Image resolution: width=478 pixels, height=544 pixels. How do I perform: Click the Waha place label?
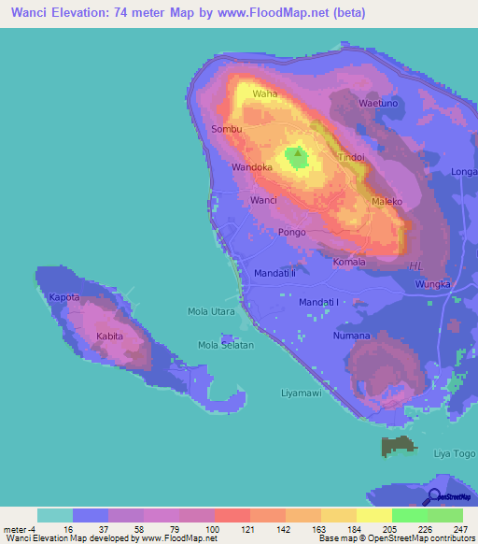coord(266,94)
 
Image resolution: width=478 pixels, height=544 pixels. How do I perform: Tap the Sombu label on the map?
coord(227,129)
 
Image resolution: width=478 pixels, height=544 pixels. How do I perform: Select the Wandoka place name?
coord(252,167)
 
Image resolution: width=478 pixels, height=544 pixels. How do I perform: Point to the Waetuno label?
coord(380,103)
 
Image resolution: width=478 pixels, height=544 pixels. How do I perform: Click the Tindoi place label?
coord(351,158)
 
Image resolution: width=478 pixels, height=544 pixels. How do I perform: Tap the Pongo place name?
coord(292,232)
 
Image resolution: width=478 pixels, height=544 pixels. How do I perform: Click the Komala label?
coord(350,263)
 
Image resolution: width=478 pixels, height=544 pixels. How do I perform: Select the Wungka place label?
coord(433,283)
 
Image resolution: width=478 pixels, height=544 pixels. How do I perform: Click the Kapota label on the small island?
coord(64,297)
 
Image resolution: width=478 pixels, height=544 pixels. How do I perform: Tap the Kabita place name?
coord(111,334)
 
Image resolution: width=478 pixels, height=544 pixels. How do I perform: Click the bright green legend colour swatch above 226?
coord(409,515)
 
